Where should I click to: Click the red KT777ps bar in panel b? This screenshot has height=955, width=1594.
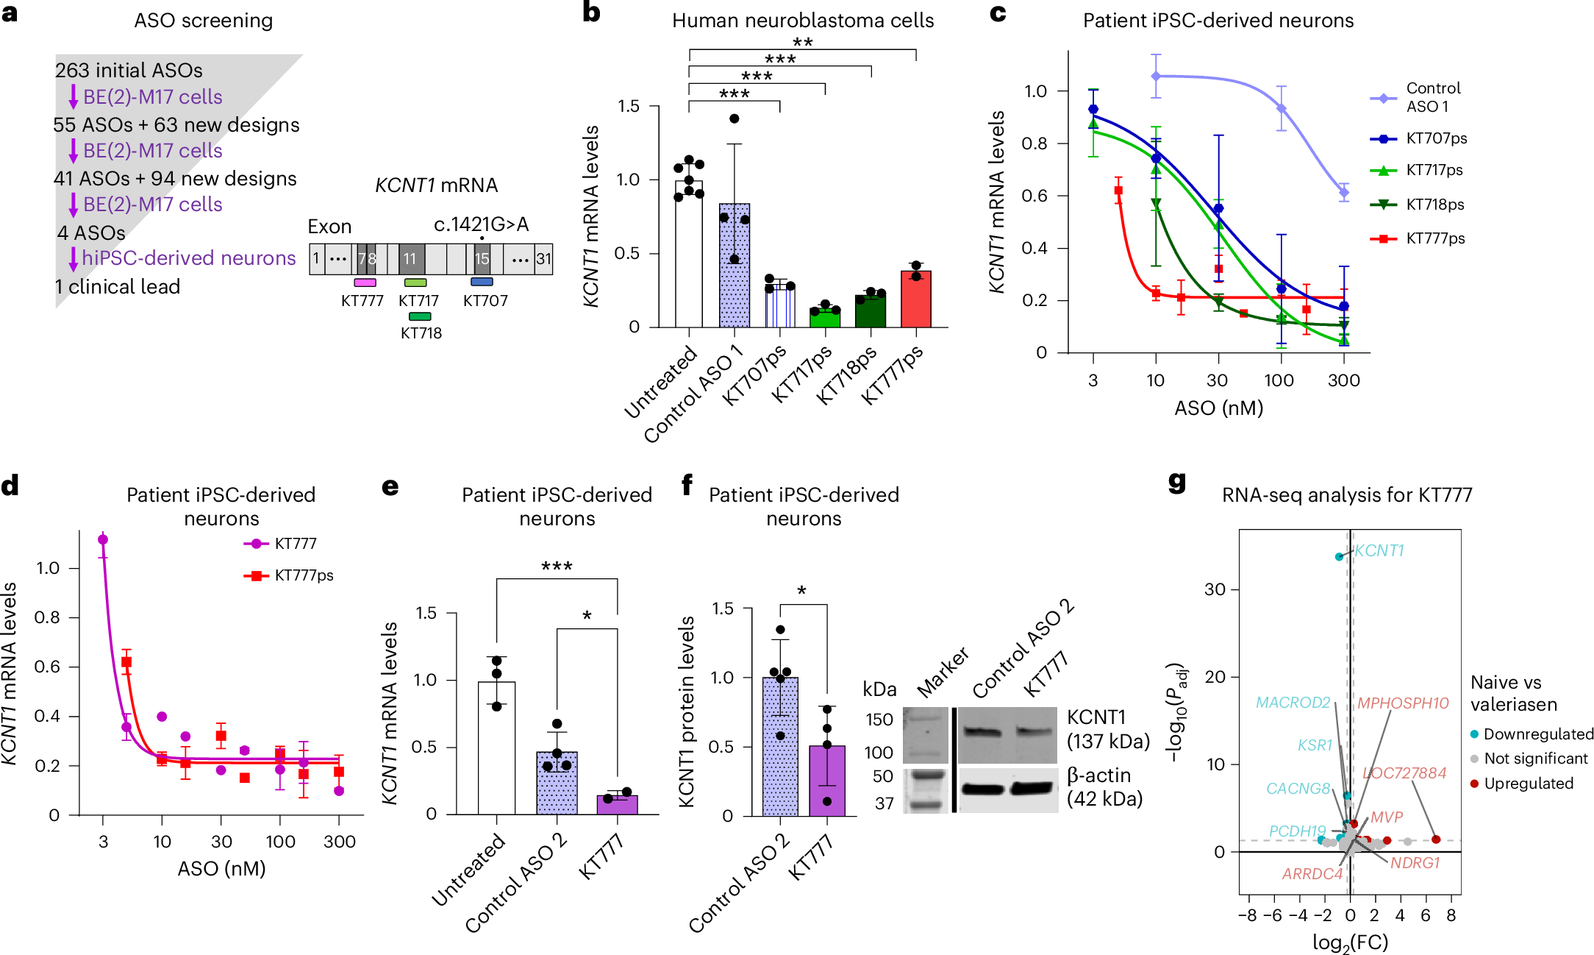(x=915, y=300)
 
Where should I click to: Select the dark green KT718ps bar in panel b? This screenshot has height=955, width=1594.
(x=871, y=311)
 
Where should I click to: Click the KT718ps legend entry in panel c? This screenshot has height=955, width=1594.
(x=1434, y=205)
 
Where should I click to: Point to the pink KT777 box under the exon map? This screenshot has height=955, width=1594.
(x=365, y=283)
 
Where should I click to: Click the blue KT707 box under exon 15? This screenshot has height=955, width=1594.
(x=482, y=282)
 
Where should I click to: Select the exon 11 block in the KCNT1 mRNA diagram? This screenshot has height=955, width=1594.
(x=411, y=259)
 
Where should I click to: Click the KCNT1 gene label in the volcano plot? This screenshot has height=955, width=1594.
(x=1379, y=550)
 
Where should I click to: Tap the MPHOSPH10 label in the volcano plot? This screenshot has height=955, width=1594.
(x=1403, y=703)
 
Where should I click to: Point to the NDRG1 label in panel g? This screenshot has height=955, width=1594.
(x=1415, y=862)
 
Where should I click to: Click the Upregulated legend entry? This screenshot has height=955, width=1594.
(x=1528, y=784)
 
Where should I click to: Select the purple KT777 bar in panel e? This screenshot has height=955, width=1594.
(x=617, y=805)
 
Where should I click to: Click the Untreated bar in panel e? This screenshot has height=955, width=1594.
(x=496, y=747)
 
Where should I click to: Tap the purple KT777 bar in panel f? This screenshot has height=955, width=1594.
(x=827, y=780)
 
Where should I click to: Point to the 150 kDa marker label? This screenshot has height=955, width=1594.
(x=879, y=720)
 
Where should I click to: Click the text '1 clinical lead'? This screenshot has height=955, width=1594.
(x=118, y=287)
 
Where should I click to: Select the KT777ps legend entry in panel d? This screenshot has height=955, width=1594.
(x=303, y=575)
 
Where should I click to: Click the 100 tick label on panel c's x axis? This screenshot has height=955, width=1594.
(x=1279, y=380)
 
